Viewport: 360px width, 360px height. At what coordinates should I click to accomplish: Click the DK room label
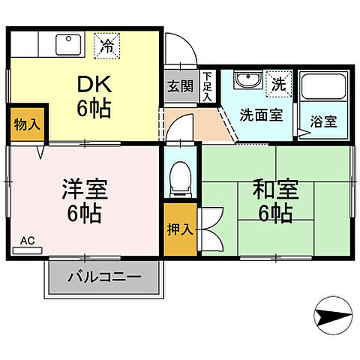coord(94,84)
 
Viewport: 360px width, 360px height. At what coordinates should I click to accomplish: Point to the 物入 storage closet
coord(26,124)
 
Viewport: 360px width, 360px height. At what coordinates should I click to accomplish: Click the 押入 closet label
coord(180,229)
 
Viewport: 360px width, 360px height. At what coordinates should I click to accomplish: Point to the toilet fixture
coord(180,177)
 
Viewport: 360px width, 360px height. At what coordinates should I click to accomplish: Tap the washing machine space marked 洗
coord(278,82)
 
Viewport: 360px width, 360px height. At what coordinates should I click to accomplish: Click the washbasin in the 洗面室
coord(246,81)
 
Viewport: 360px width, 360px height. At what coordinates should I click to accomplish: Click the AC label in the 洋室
coord(27,241)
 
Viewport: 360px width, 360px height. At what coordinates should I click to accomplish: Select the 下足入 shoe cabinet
coord(208,86)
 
